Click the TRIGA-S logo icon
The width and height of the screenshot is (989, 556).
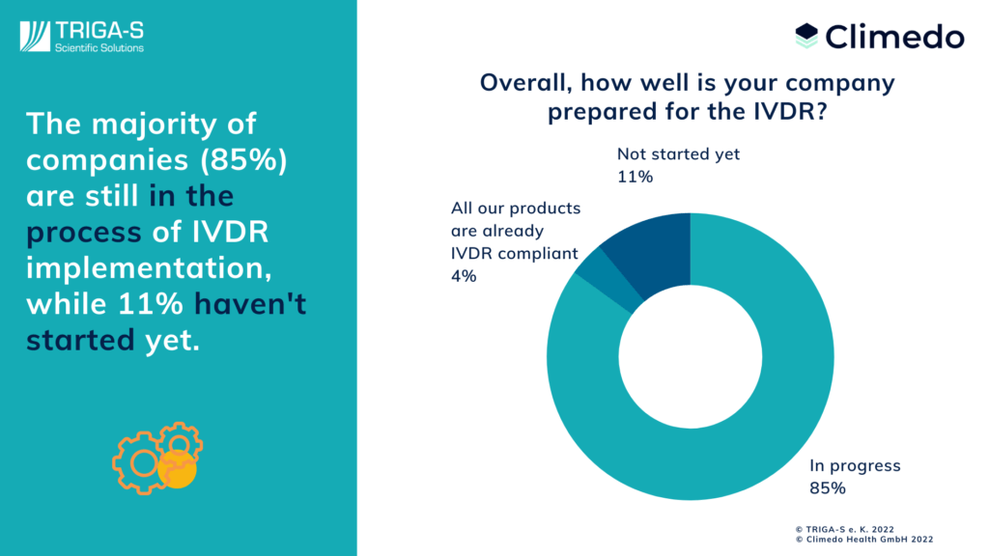click(35, 37)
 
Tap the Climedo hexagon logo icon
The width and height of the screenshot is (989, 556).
click(806, 36)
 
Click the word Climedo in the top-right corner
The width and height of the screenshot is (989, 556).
click(895, 37)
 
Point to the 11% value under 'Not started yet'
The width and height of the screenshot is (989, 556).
click(635, 177)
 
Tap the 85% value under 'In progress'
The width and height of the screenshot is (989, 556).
click(828, 487)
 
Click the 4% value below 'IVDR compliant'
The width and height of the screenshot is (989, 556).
click(464, 276)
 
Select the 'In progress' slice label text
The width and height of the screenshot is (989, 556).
click(855, 466)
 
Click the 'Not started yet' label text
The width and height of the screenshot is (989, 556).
click(678, 153)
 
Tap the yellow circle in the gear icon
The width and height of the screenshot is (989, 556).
click(178, 470)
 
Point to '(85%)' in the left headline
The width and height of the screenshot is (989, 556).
click(243, 159)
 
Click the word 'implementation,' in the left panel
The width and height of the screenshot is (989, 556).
click(149, 268)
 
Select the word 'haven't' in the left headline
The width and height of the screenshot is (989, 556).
click(250, 303)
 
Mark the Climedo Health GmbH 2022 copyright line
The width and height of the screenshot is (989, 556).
click(864, 540)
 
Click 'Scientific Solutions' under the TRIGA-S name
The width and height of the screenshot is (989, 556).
click(99, 48)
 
